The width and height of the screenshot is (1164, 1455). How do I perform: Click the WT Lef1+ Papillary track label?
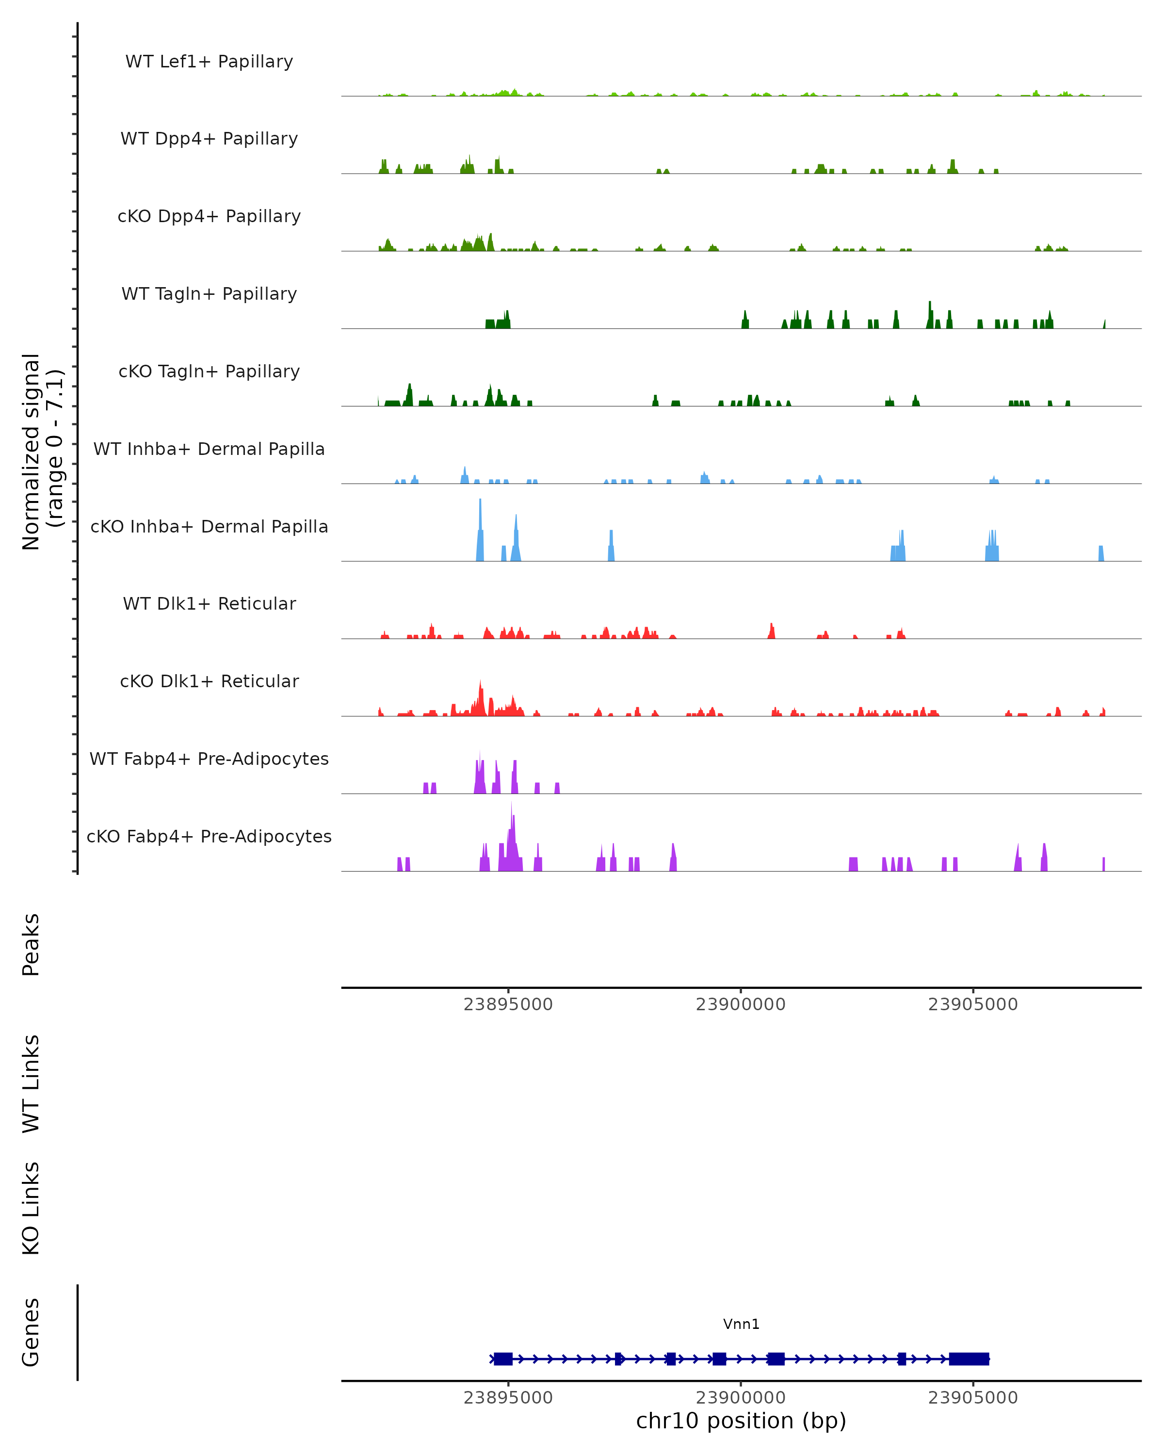(x=209, y=62)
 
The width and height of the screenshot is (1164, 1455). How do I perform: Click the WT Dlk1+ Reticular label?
(x=209, y=603)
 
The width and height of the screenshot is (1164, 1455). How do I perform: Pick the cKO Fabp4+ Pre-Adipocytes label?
(x=209, y=836)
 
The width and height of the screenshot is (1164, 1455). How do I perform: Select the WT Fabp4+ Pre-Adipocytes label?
(x=209, y=759)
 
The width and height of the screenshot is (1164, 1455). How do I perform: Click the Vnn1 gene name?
(x=741, y=1324)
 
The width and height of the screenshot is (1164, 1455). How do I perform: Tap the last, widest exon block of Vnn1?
(x=969, y=1358)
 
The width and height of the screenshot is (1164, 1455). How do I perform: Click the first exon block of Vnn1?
(x=503, y=1358)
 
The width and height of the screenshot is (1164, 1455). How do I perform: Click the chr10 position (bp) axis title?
(x=741, y=1421)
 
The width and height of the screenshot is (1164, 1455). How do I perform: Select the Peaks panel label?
(x=31, y=944)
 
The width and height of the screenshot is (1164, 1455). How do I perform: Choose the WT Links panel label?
(x=31, y=1083)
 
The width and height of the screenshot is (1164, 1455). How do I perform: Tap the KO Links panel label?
(x=31, y=1208)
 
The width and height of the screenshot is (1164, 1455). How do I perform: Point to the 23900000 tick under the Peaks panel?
(x=741, y=1004)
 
